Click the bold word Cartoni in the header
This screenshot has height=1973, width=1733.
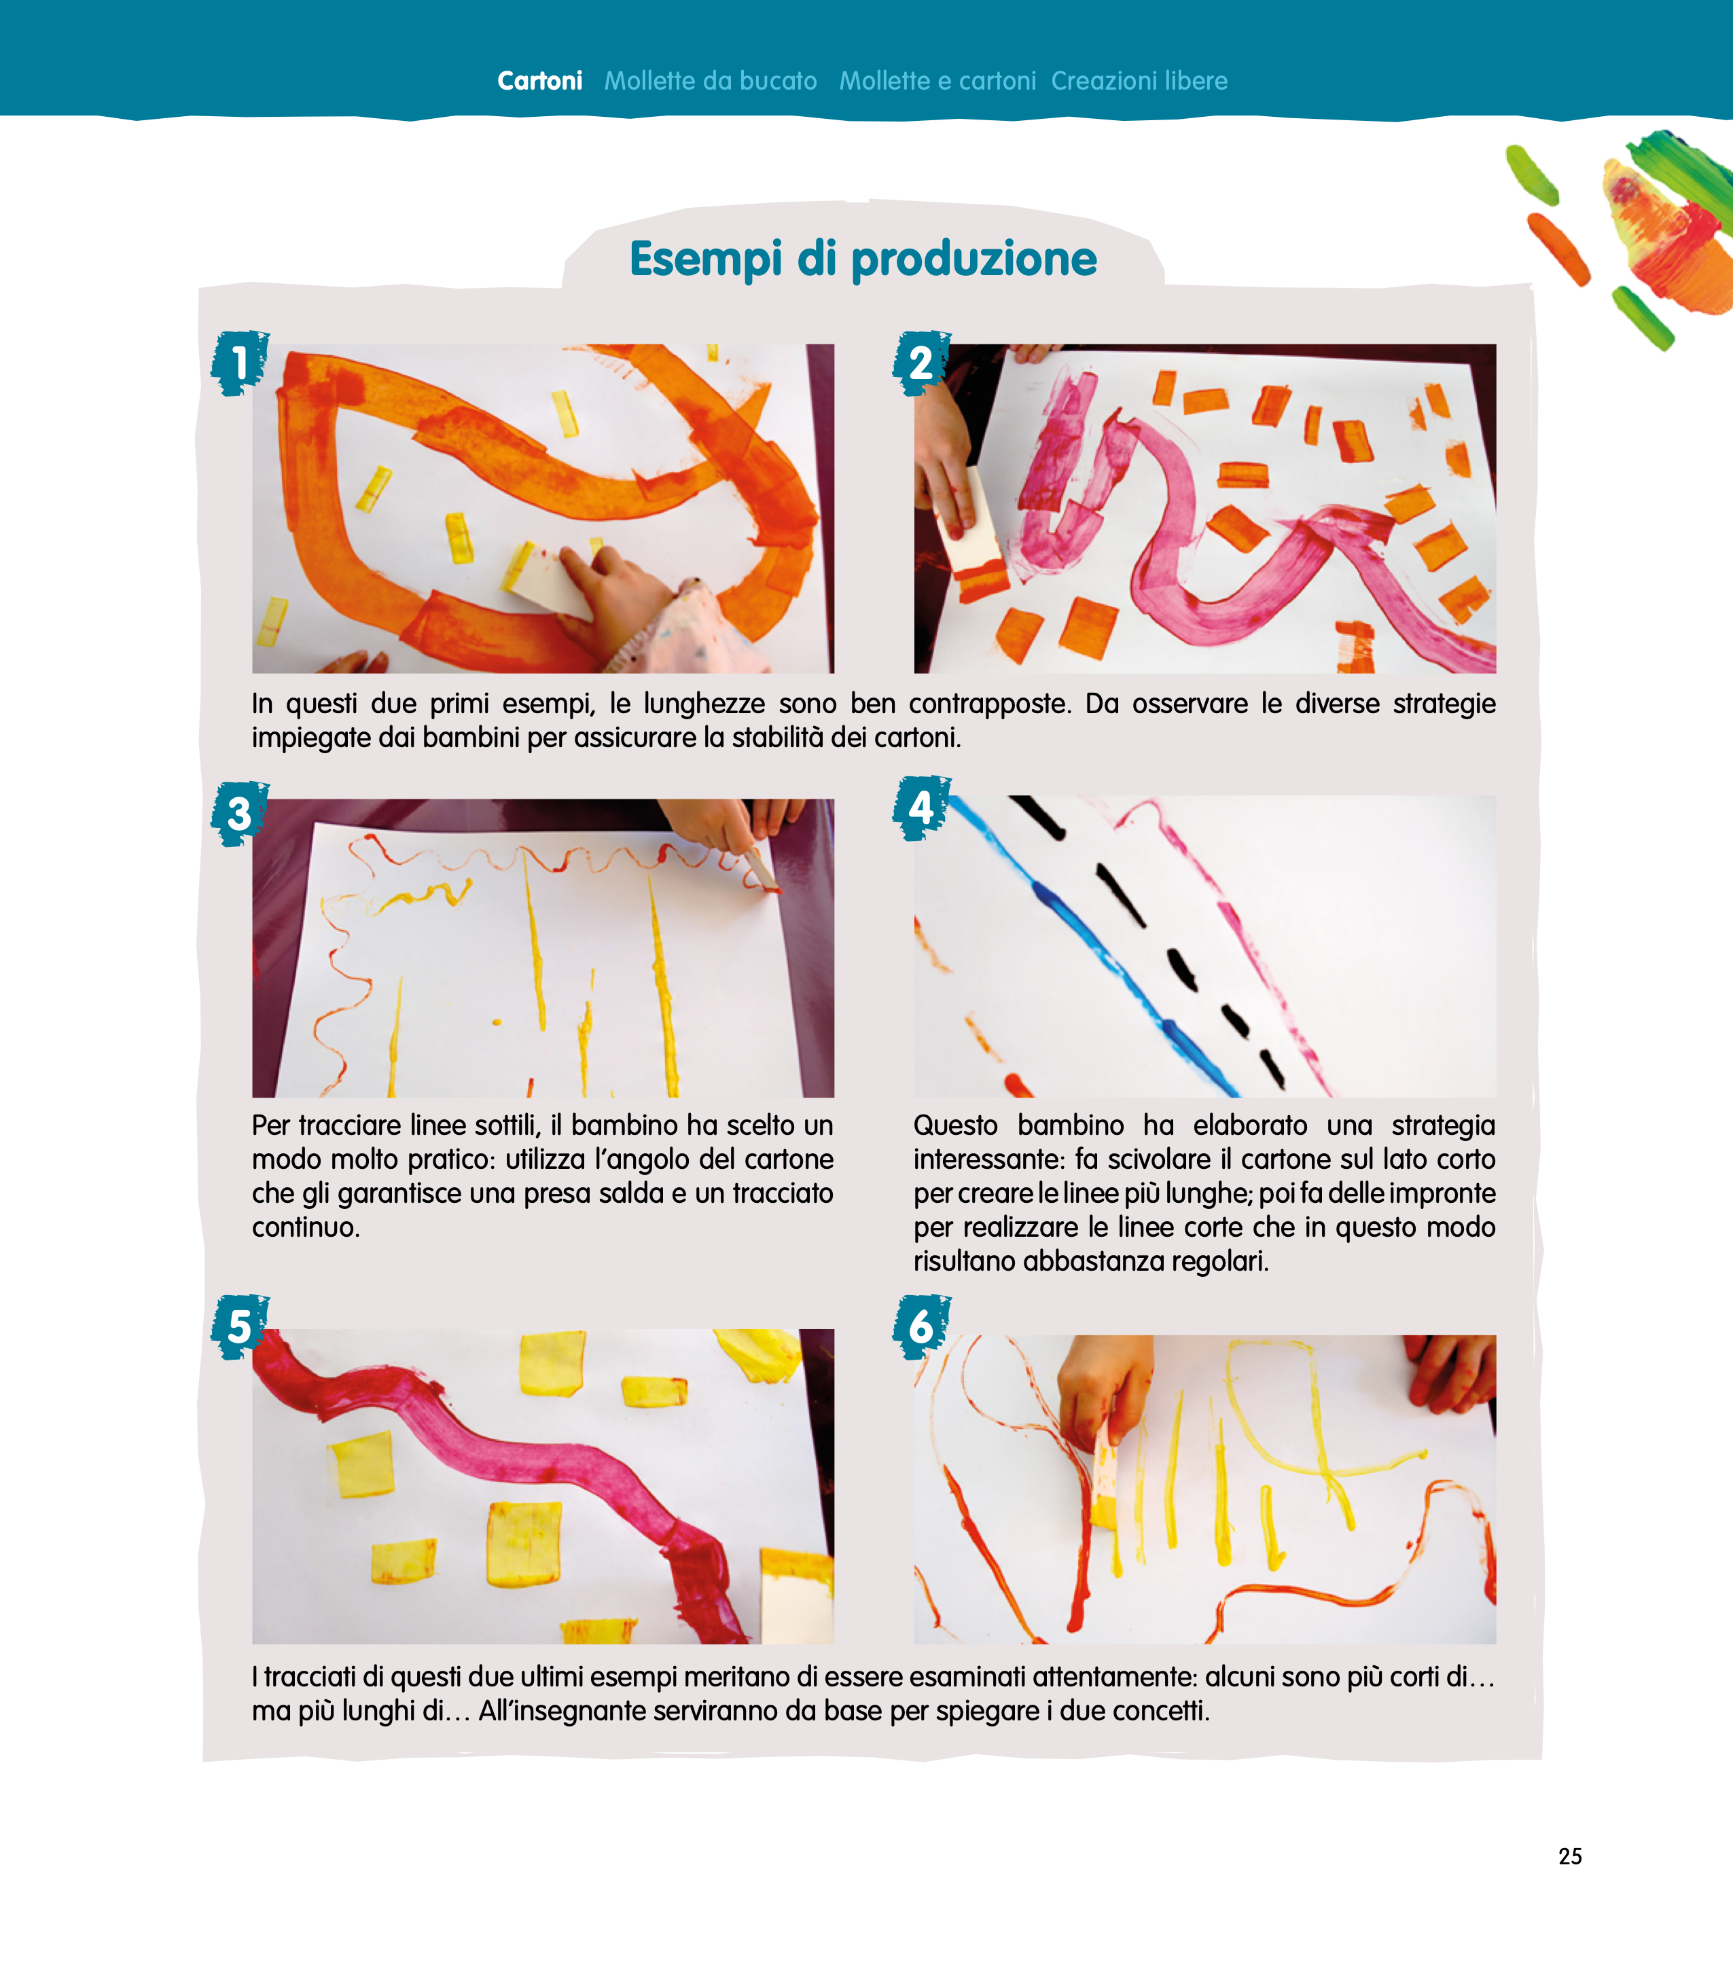539,81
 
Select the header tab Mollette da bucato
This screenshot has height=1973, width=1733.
711,81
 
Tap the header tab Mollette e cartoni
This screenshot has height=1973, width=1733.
937,81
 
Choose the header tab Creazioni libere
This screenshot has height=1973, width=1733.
1139,81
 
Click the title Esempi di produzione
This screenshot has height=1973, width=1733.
863,259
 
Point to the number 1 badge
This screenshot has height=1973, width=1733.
239,363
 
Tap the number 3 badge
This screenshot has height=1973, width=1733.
239,814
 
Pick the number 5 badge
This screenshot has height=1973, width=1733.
239,1327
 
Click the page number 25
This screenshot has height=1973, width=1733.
1570,1856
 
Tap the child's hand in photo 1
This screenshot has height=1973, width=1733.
618,594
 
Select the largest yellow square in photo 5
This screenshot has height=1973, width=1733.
524,1542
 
